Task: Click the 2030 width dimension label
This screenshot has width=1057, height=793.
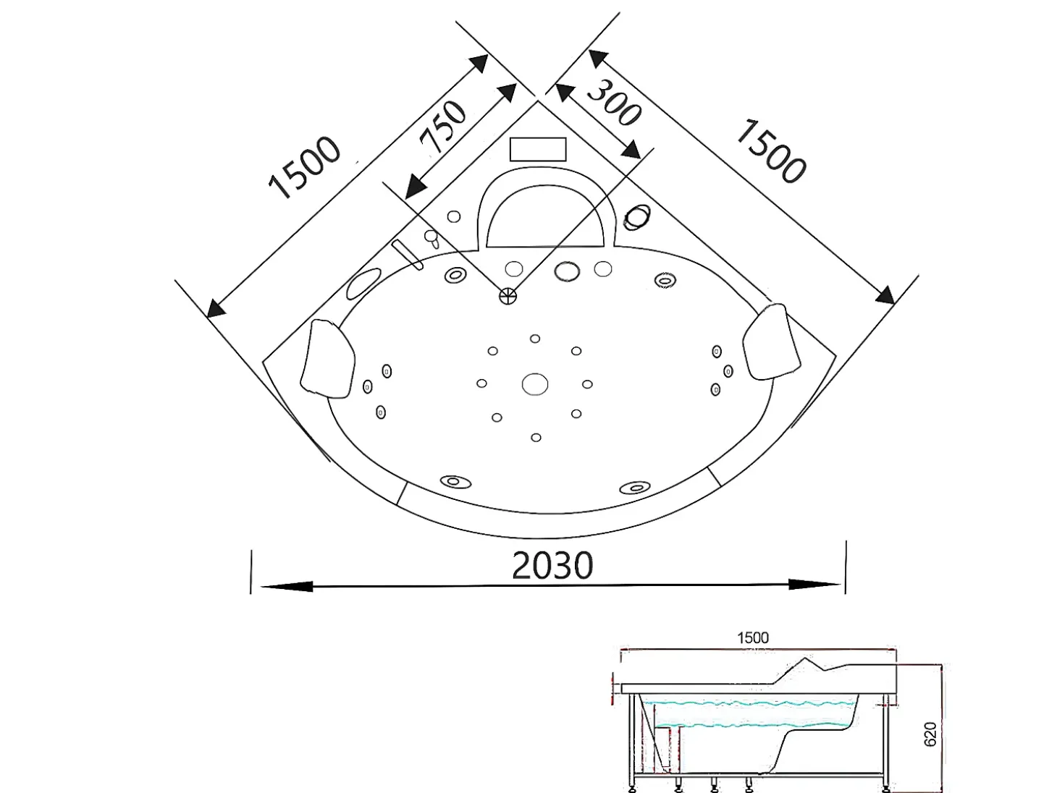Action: [552, 565]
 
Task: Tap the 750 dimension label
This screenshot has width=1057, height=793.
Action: [442, 127]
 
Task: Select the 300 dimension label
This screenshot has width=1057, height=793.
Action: [613, 103]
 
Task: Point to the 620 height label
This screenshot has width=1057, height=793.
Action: [930, 734]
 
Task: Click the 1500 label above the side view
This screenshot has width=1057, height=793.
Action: [753, 638]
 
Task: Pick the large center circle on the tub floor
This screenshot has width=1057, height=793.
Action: [535, 384]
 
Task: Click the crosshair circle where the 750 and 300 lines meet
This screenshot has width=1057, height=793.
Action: [508, 296]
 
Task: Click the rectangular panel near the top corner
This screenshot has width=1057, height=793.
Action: [538, 149]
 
